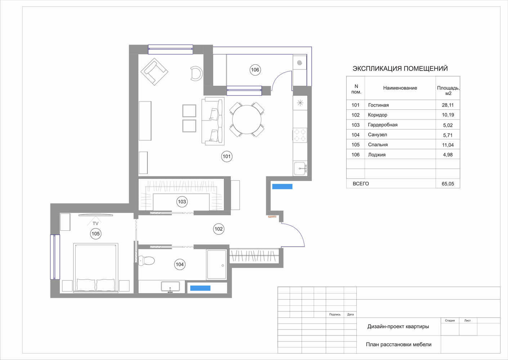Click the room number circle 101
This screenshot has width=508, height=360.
click(x=227, y=156)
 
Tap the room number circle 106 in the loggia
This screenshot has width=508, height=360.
click(x=255, y=70)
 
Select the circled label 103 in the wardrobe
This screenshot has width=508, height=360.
click(x=182, y=202)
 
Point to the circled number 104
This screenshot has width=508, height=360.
click(x=180, y=264)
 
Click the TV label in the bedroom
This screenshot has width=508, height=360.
click(x=95, y=224)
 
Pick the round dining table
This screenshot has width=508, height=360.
click(x=246, y=120)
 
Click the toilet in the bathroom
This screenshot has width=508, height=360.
click(x=146, y=260)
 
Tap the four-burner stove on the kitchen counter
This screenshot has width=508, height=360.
click(x=300, y=135)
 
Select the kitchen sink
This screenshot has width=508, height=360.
click(x=300, y=168)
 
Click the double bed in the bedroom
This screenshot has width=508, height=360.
click(x=96, y=268)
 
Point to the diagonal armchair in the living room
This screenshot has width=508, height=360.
click(x=154, y=72)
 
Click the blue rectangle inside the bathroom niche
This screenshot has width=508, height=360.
click(x=200, y=288)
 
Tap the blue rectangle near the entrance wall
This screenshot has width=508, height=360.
click(x=282, y=186)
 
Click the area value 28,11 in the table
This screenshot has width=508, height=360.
click(x=448, y=105)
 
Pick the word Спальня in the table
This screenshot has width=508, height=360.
click(x=378, y=145)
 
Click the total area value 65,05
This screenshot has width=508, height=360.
click(x=448, y=184)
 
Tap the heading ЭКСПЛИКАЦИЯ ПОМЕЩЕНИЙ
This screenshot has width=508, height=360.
click(x=400, y=68)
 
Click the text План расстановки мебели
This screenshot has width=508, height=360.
click(x=398, y=345)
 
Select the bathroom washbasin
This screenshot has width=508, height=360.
click(x=170, y=287)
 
